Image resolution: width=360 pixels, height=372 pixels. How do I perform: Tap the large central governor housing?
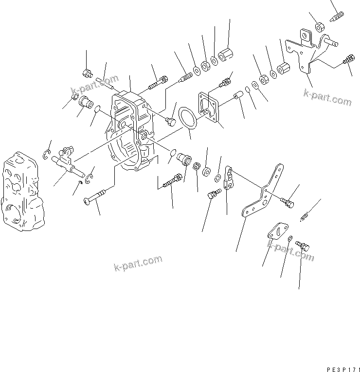click(130, 131)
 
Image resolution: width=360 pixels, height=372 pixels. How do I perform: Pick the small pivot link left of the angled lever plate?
click(229, 178)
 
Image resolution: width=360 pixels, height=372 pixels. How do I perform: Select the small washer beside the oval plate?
click(290, 238)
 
